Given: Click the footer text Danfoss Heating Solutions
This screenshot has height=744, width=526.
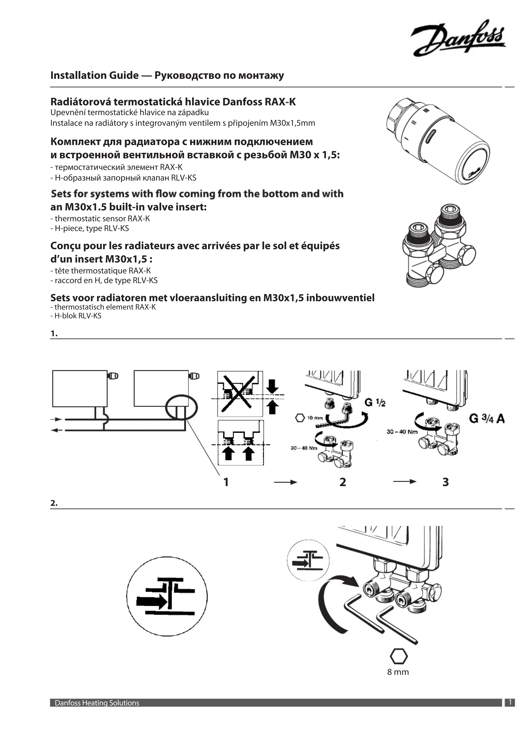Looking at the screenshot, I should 97,712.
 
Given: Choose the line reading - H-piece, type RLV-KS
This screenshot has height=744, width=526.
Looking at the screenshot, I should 90,228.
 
